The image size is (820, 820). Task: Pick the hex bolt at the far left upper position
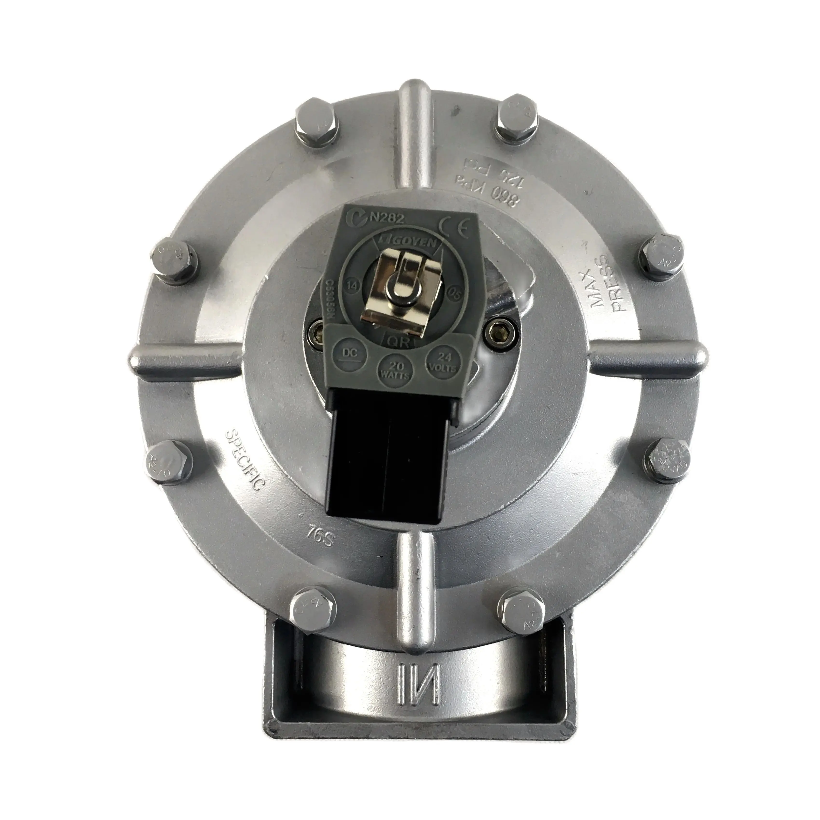pyautogui.click(x=174, y=261)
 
